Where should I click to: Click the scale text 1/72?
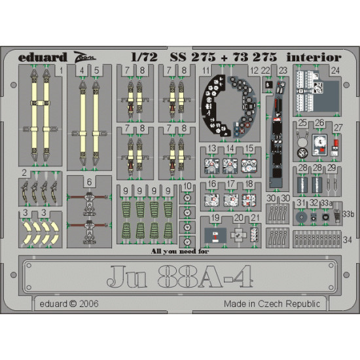tap(144, 58)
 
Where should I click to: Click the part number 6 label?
tap(88, 181)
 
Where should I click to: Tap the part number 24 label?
tap(335, 69)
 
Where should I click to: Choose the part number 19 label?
tap(215, 217)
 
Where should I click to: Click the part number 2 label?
tap(24, 173)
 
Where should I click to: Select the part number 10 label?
tap(188, 187)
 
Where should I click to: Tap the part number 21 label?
tap(255, 217)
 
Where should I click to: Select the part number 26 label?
tap(319, 122)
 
